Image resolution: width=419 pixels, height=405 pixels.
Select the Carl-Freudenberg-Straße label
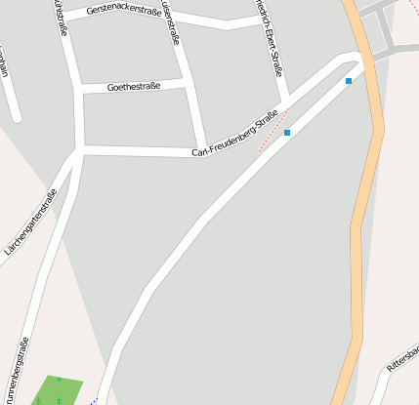click(235, 137)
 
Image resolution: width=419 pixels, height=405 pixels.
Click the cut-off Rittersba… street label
click(402, 358)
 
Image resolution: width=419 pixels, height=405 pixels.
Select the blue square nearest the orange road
click(348, 82)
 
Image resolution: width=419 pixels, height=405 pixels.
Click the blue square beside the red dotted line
click(287, 133)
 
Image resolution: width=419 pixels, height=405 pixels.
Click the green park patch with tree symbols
click(57, 390)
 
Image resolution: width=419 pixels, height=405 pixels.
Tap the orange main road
click(364, 195)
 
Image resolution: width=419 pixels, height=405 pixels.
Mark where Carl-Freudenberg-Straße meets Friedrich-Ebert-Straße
click(285, 101)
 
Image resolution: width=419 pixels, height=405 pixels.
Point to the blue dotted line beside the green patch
click(94, 400)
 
